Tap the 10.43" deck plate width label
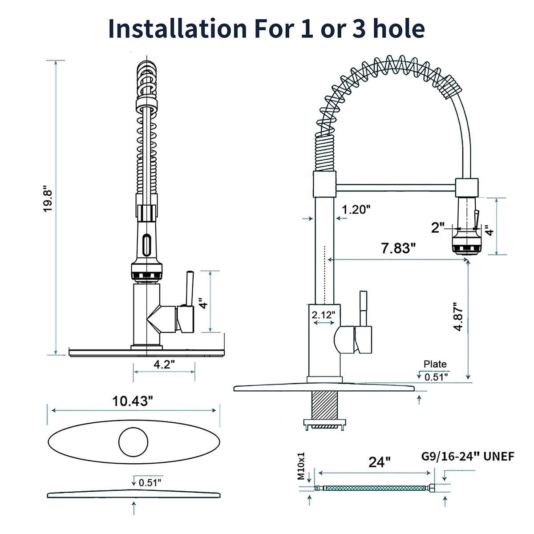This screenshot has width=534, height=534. pyautogui.click(x=133, y=401)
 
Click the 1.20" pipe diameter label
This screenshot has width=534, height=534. pyautogui.click(x=356, y=209)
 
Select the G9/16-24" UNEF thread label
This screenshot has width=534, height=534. pyautogui.click(x=468, y=456)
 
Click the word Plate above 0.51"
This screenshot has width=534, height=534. pyautogui.click(x=435, y=364)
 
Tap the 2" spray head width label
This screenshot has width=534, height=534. pyautogui.click(x=438, y=228)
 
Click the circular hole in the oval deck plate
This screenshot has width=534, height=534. pyautogui.click(x=133, y=441)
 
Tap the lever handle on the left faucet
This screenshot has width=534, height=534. pyautogui.click(x=189, y=289)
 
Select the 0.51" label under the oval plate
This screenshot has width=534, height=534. pyautogui.click(x=150, y=482)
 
